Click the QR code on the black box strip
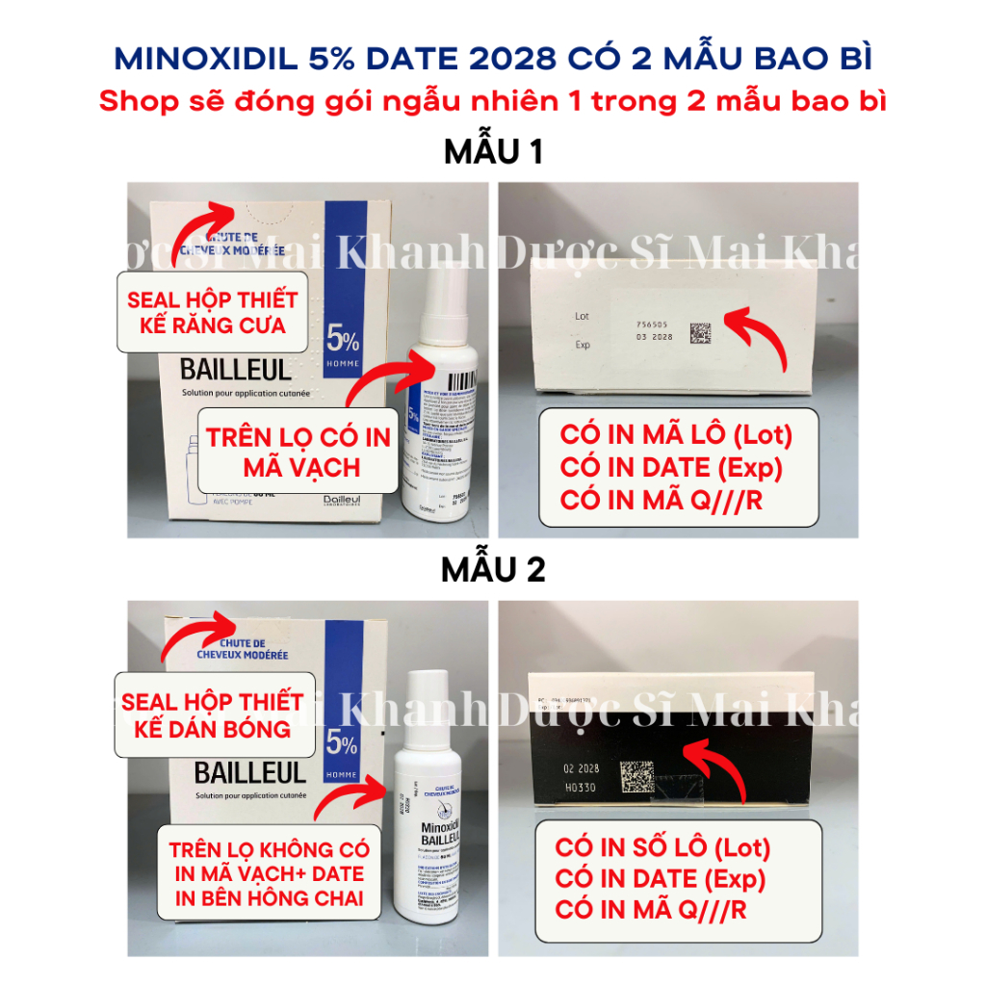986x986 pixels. (x=636, y=777)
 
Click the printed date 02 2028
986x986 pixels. (x=581, y=768)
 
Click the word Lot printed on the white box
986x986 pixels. (x=582, y=316)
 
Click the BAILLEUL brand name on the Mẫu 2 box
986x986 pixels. (x=237, y=772)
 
